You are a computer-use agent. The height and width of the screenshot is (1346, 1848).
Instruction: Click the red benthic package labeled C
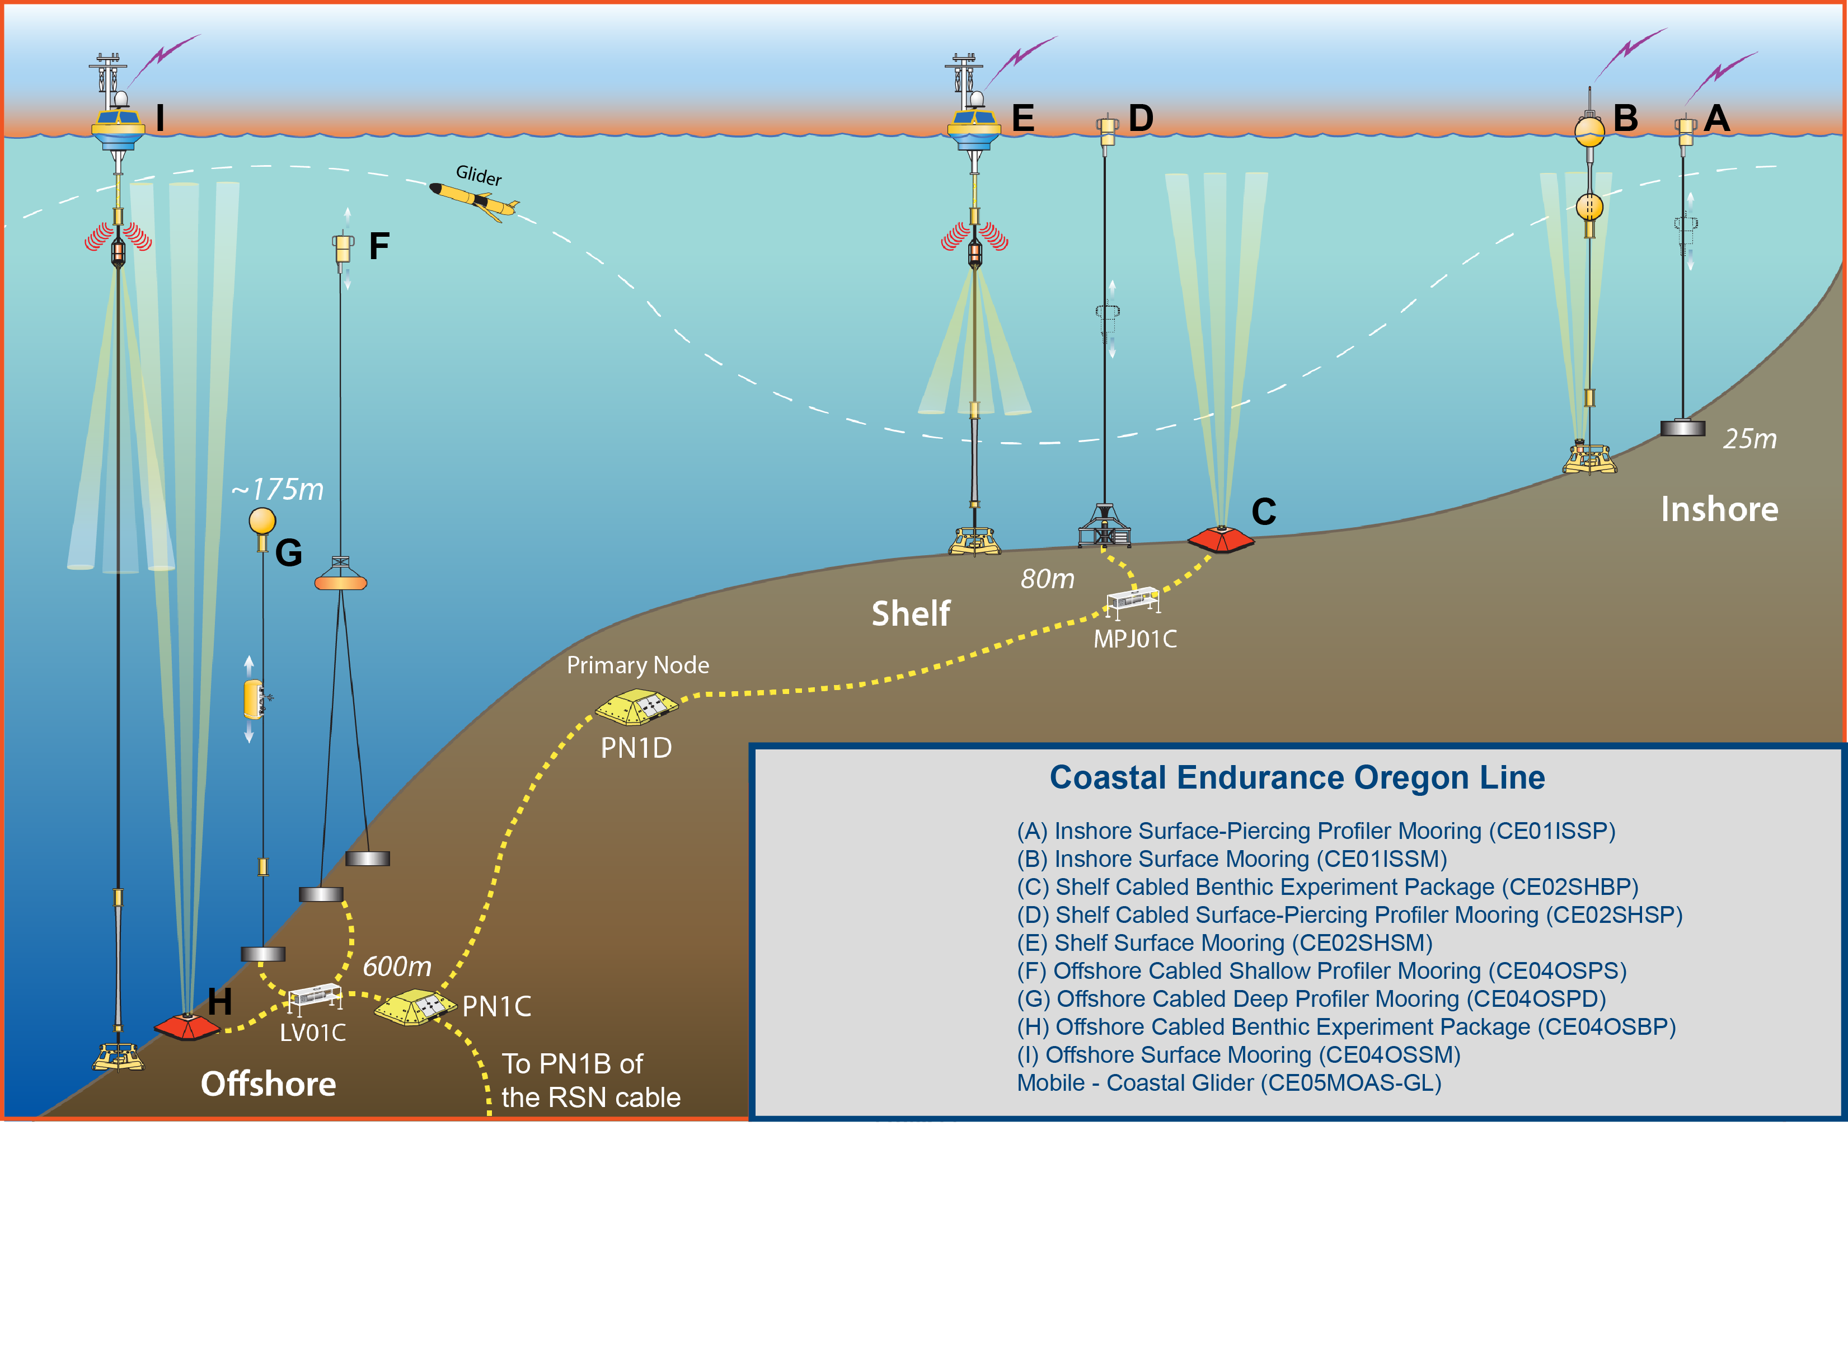[x=1220, y=538]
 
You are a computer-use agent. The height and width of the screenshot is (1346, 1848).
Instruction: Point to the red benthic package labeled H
[x=186, y=1026]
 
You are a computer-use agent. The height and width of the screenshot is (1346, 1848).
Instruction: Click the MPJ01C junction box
[x=1133, y=601]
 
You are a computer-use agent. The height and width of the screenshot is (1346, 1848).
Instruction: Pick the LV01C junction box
[x=315, y=996]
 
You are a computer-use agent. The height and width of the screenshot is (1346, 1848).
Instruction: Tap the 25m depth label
[x=1749, y=439]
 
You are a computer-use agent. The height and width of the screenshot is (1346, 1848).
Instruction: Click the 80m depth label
[x=1047, y=579]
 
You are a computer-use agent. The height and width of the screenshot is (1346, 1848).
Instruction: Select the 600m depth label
[x=397, y=967]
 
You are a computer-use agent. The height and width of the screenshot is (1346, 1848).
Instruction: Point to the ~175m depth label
[x=277, y=489]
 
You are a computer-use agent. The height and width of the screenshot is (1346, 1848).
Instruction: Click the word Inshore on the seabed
[x=1719, y=509]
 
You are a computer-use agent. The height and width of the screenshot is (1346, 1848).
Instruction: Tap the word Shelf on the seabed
[x=910, y=613]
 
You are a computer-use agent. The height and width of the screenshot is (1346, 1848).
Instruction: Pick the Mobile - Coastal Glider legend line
[x=1229, y=1083]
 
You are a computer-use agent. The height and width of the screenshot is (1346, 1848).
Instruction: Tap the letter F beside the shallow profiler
[x=379, y=246]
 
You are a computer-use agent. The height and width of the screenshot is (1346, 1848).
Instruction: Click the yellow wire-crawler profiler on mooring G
[x=254, y=699]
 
